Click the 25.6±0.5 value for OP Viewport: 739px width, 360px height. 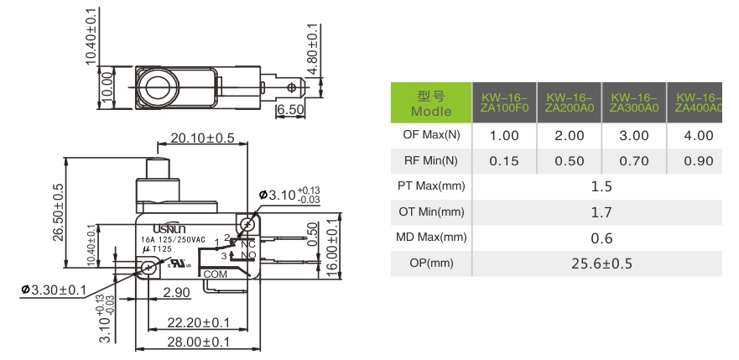pyautogui.click(x=601, y=263)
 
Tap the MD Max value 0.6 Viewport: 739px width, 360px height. pyautogui.click(x=601, y=238)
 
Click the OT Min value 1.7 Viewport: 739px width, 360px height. pyautogui.click(x=601, y=212)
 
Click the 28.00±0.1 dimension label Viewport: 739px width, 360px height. pyautogui.click(x=198, y=342)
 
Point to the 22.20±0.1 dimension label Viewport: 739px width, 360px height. pyautogui.click(x=198, y=322)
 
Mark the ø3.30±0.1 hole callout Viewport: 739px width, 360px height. pyautogui.click(x=55, y=291)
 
